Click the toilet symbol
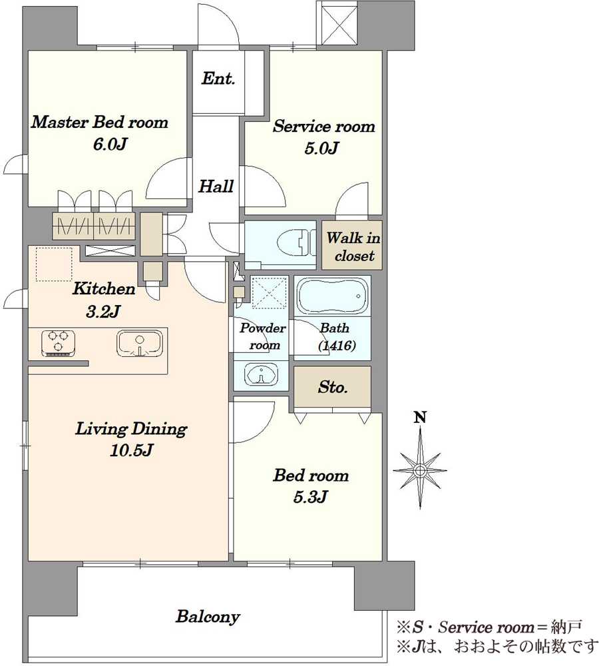click(296, 243)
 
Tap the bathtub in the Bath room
click(332, 296)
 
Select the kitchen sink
click(139, 343)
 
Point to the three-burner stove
click(59, 343)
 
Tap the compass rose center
click(420, 470)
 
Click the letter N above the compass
click(420, 418)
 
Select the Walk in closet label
click(353, 246)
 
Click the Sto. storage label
click(333, 387)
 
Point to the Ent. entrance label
click(218, 78)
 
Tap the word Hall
click(216, 186)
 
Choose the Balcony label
click(208, 617)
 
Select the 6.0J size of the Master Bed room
click(110, 145)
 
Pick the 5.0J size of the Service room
click(321, 149)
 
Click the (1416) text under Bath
click(337, 346)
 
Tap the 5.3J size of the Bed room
click(310, 497)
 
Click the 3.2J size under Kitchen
click(103, 312)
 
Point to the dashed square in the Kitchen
click(54, 264)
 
